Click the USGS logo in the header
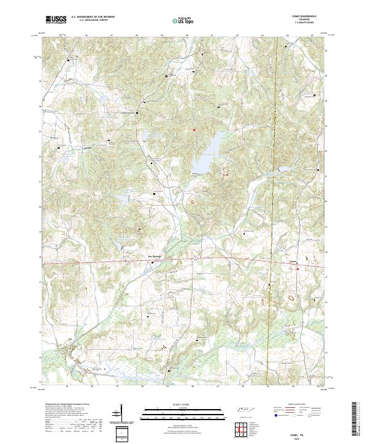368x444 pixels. point(56,20)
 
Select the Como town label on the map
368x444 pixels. point(293,257)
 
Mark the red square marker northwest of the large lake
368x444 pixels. point(194,130)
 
